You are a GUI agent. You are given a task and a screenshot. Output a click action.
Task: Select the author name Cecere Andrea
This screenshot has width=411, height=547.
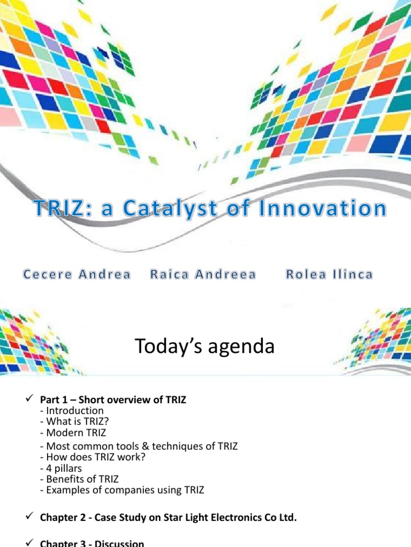[76, 275]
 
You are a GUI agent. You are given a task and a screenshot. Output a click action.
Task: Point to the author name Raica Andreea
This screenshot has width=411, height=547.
[203, 275]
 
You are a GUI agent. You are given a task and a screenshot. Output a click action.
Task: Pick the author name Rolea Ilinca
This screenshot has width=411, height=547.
[329, 275]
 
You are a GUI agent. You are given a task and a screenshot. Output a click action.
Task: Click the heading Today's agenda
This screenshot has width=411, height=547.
[205, 347]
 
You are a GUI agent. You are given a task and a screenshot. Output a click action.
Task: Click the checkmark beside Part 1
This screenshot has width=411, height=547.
[29, 400]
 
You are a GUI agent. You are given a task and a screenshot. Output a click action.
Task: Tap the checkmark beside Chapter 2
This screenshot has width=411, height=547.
[29, 517]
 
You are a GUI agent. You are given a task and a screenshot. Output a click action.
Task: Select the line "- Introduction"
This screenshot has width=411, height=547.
[72, 410]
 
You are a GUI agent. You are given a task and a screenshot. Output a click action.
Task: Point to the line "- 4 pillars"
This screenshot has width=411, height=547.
[64, 468]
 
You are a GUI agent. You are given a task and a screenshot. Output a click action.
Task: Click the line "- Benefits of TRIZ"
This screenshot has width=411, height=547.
[79, 479]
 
